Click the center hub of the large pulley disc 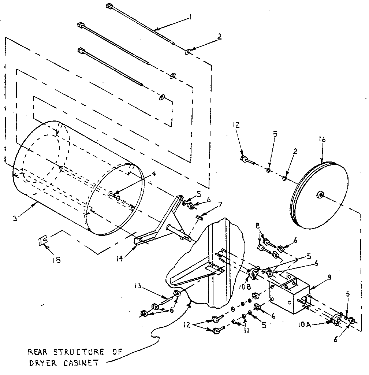click(319, 194)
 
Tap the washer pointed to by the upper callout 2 click(187, 52)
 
